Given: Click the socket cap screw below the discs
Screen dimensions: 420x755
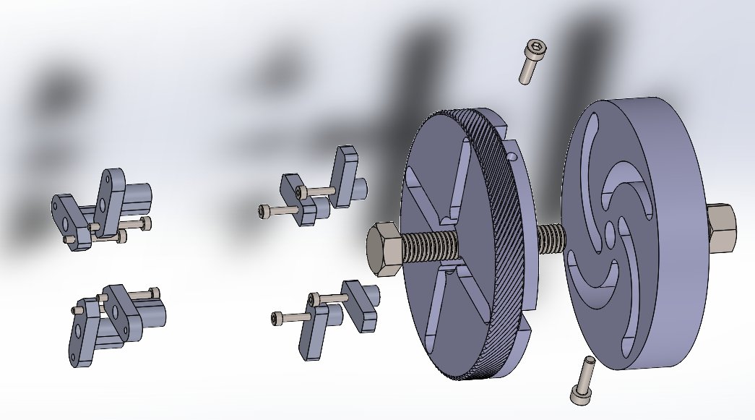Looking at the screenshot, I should tap(583, 381).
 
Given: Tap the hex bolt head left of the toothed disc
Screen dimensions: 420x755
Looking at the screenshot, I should tap(385, 249).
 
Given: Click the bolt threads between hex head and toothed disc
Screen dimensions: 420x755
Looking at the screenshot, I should tap(431, 247).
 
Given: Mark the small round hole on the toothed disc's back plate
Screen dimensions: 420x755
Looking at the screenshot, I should tap(512, 156).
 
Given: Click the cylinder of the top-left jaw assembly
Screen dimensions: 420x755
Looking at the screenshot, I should tap(139, 196).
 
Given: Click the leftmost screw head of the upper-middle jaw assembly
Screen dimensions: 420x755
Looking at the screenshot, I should tap(264, 211).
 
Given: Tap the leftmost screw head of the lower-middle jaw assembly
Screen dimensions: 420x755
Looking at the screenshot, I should tap(277, 318).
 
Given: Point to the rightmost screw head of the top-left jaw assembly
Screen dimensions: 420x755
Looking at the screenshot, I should tap(147, 223).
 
